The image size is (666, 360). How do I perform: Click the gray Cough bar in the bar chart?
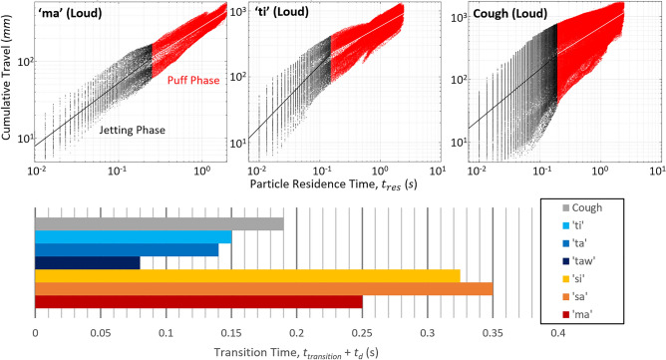click(x=160, y=223)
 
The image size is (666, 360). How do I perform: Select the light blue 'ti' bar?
click(x=134, y=236)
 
